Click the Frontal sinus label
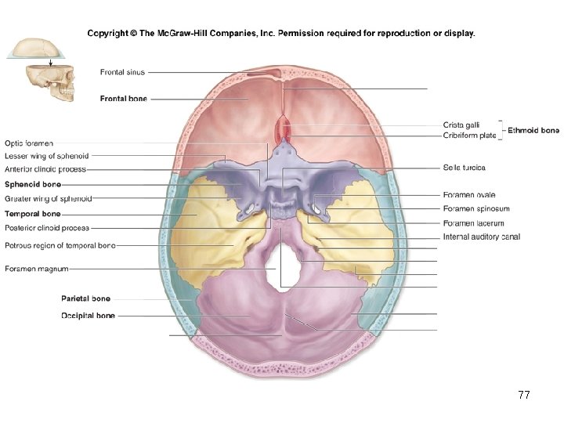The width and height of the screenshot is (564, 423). [x=122, y=73]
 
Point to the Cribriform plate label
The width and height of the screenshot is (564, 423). [x=469, y=136]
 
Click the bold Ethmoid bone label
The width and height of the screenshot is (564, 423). [x=533, y=130]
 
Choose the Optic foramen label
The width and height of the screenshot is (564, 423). [x=29, y=143]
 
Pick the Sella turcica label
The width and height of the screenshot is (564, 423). [x=465, y=168]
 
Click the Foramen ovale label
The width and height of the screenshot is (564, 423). [x=469, y=195]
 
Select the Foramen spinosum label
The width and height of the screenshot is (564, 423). [x=476, y=209]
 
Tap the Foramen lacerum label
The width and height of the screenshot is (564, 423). [x=473, y=223]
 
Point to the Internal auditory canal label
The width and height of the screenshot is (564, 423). [x=482, y=237]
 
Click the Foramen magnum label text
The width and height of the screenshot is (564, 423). [x=36, y=269]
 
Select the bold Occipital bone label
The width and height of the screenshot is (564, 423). [x=88, y=316]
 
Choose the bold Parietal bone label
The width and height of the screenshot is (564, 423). [x=85, y=298]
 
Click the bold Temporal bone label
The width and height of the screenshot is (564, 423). [x=32, y=214]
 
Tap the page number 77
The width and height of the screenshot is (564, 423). [x=524, y=396]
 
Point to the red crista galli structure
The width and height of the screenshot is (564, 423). [x=284, y=129]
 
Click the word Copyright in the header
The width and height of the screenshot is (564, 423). [x=107, y=34]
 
